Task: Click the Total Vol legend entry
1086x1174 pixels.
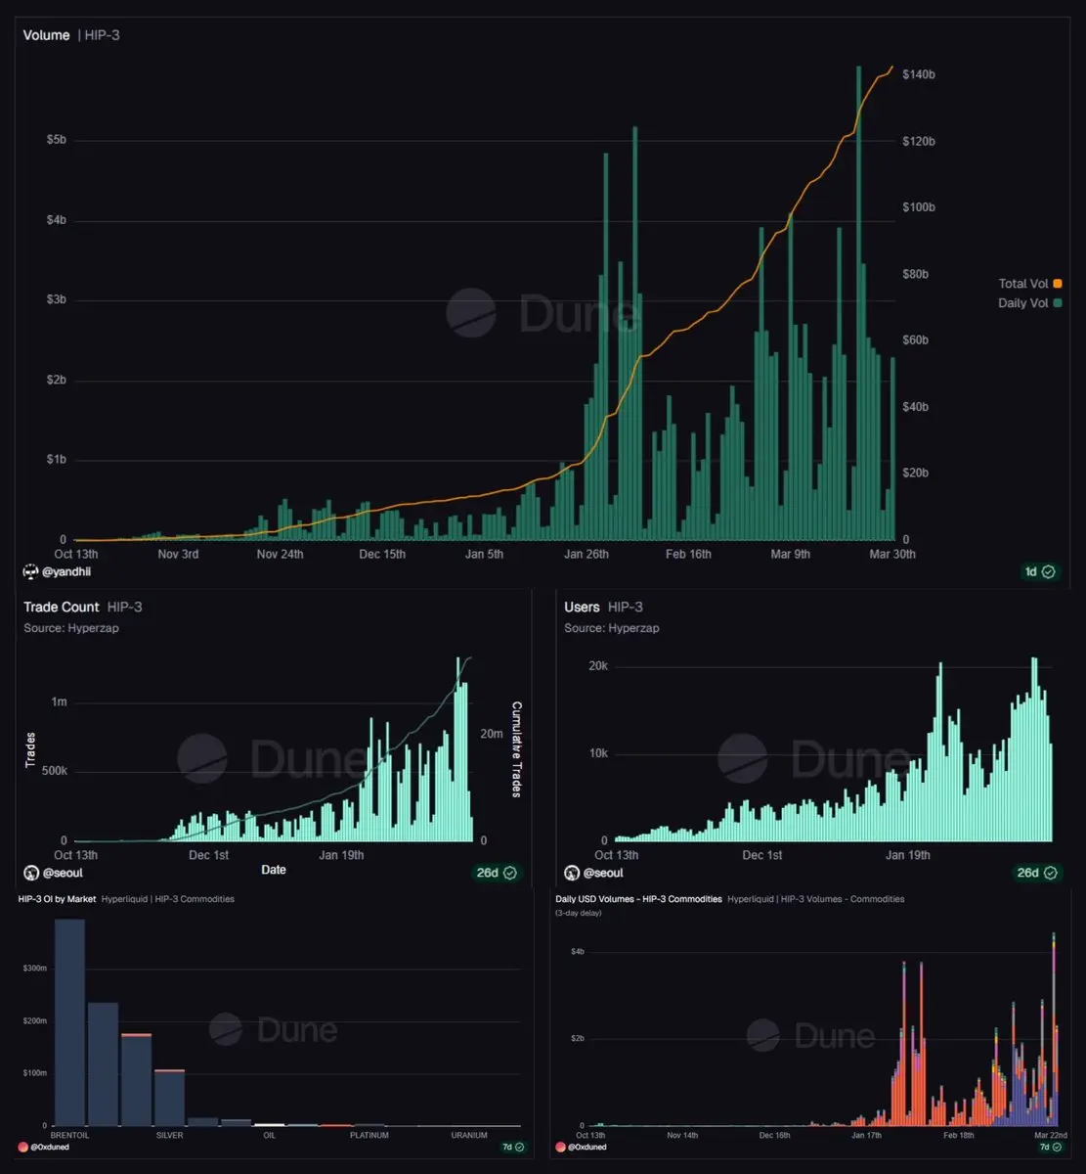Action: (x=1029, y=284)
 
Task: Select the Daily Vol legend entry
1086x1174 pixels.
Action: (x=1029, y=303)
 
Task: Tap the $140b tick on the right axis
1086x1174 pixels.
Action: (x=919, y=74)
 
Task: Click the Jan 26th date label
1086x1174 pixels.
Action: (x=586, y=555)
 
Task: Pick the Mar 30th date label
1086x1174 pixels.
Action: (x=892, y=555)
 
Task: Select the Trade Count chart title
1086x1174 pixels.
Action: (x=62, y=608)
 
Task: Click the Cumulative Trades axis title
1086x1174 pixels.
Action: (x=517, y=749)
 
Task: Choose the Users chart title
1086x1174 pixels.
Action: (x=583, y=608)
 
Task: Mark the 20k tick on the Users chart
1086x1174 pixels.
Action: (x=596, y=666)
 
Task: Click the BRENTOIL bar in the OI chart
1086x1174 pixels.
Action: (x=69, y=1021)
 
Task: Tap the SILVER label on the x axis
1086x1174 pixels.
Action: (x=169, y=1136)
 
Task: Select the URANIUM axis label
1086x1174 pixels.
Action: (x=469, y=1136)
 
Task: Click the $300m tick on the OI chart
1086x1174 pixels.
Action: (x=34, y=968)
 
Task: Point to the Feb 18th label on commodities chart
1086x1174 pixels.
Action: (x=958, y=1136)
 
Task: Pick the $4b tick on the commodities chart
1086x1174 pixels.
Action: (x=577, y=952)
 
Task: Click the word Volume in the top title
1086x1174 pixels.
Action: (x=47, y=35)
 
